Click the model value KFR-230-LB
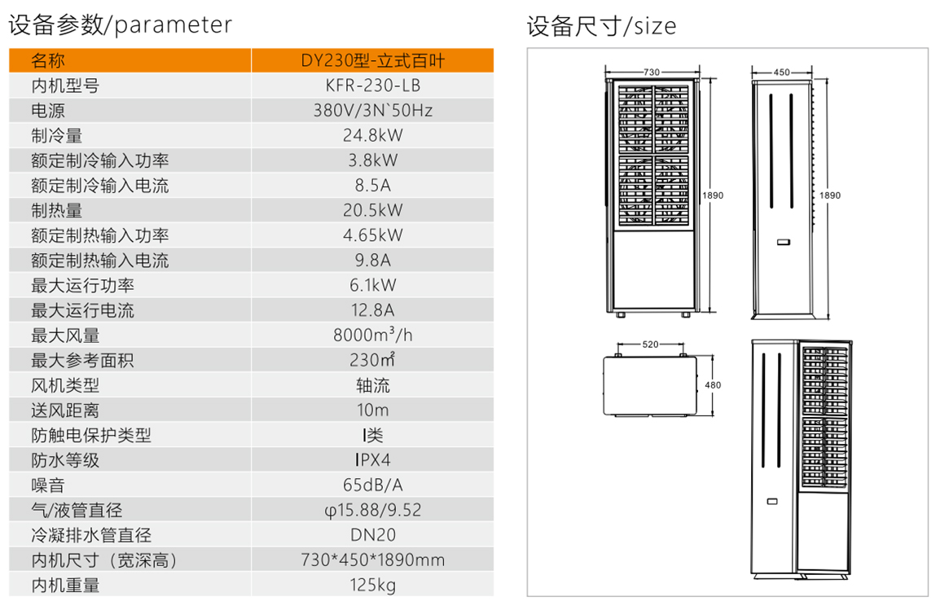coord(372,86)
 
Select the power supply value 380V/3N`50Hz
coord(372,111)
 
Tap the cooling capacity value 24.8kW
coord(372,135)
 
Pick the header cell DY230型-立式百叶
coord(372,60)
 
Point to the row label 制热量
coord(57,211)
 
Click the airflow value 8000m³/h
coord(372,335)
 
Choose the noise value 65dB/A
coord(372,485)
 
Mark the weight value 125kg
coord(372,585)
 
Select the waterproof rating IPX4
coord(372,460)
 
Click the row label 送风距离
coord(65,410)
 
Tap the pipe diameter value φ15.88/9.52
coord(372,510)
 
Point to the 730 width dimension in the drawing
coord(652,72)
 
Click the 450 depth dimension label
coord(781,72)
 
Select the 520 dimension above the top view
coord(651,344)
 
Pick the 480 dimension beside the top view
coord(713,384)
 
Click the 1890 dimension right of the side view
coord(830,195)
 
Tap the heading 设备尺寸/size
coord(601,26)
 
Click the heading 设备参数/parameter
coord(120,24)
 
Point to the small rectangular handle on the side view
coord(784,242)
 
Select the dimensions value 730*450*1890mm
coord(372,560)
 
